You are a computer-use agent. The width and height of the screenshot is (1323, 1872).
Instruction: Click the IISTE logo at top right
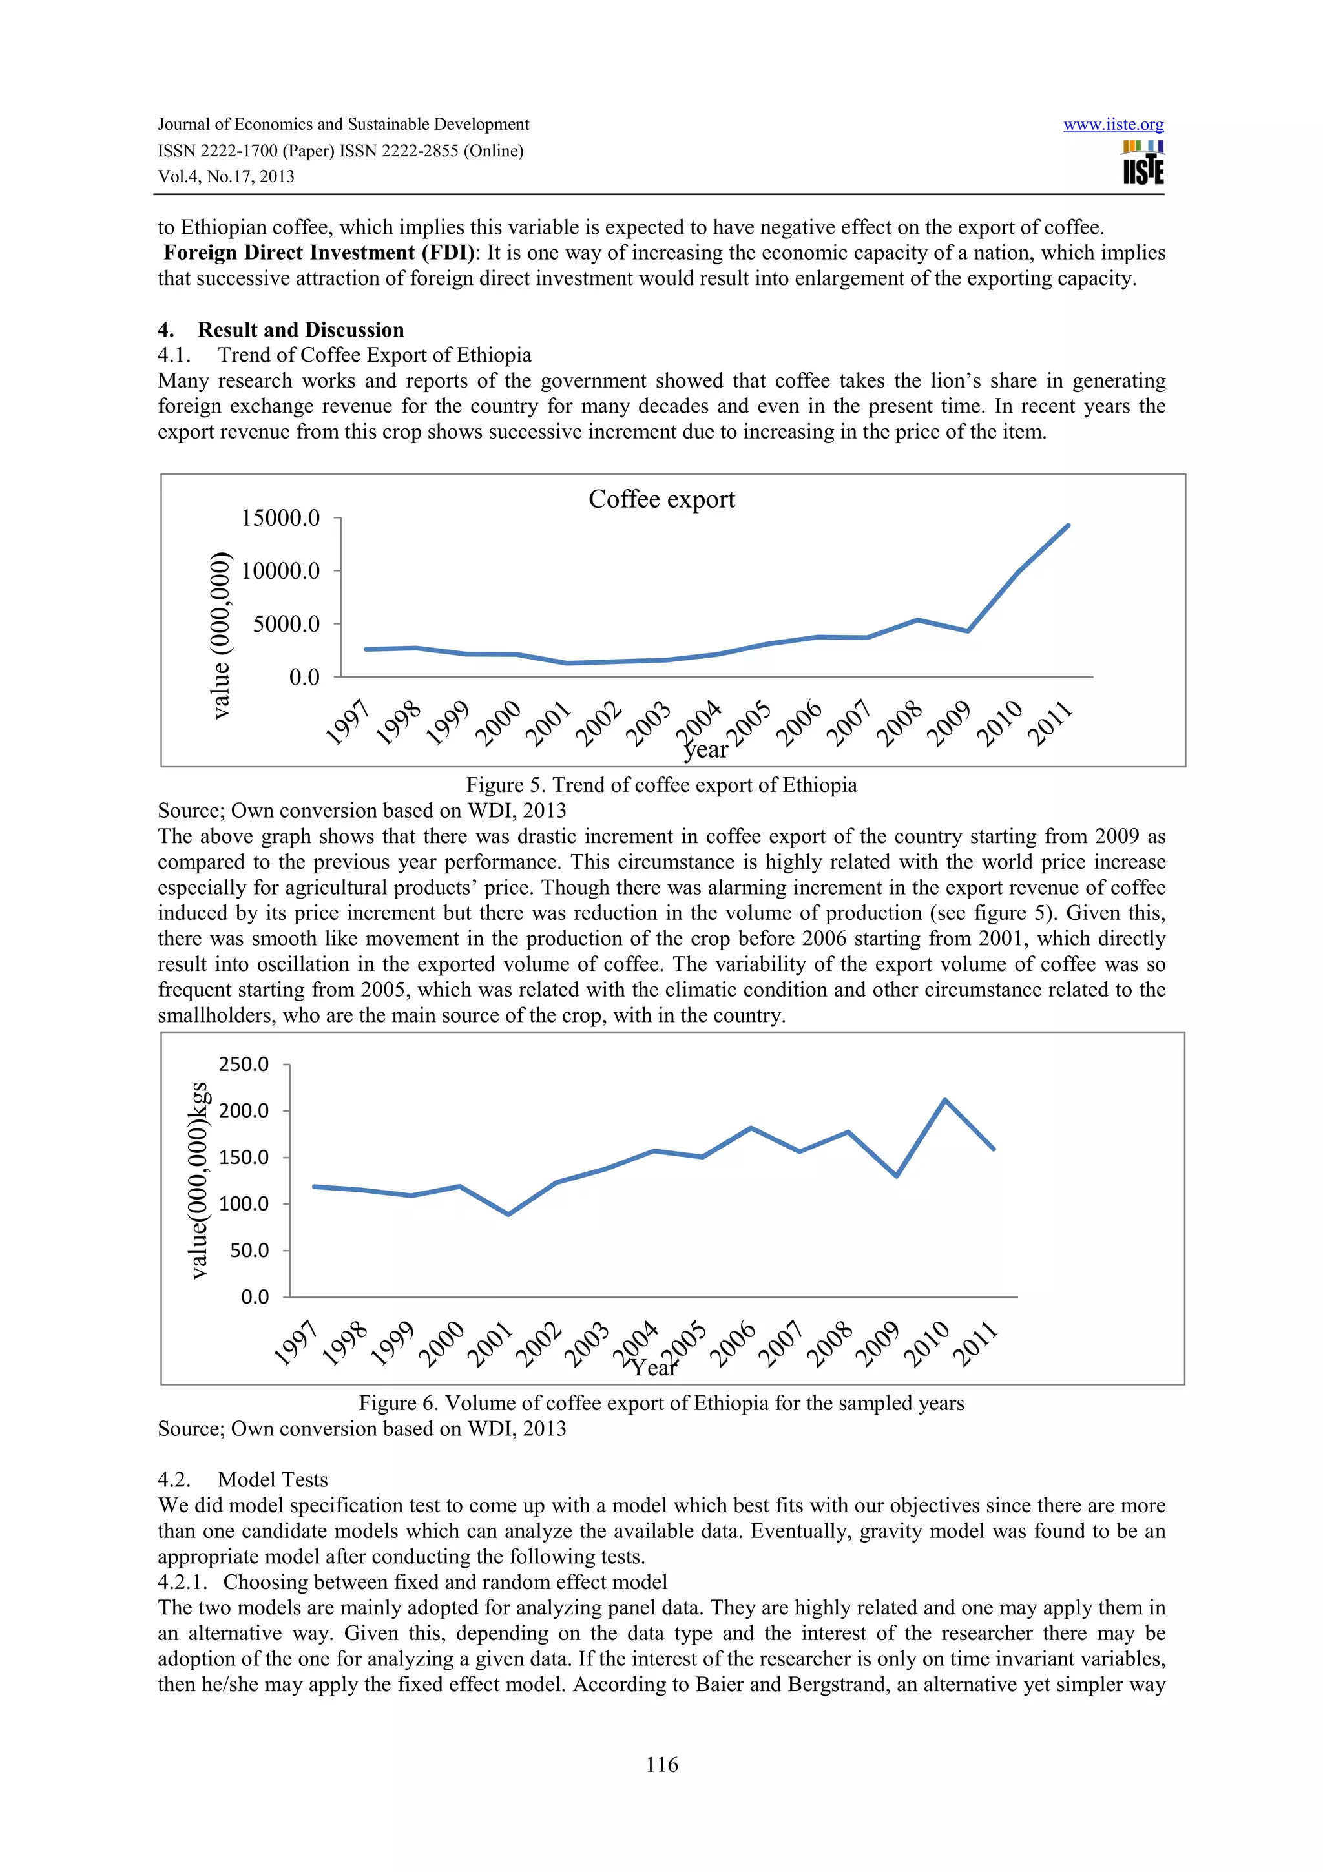1143,163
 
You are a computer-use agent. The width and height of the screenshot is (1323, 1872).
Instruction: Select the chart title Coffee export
661,499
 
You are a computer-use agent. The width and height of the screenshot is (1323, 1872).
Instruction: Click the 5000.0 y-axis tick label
286,625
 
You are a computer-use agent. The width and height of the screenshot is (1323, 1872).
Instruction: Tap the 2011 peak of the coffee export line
1068,526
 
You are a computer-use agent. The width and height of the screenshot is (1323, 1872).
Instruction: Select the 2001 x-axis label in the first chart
547,724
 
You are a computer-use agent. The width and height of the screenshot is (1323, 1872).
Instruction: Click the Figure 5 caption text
661,785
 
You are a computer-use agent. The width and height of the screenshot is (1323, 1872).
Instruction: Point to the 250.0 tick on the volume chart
243,1064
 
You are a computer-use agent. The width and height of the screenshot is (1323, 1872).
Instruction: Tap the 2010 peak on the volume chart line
944,1100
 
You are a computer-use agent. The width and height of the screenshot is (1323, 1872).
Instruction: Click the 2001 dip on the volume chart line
508,1214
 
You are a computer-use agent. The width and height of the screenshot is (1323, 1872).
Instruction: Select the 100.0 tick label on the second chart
243,1203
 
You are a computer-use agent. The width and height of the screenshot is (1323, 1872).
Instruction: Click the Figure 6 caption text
661,1403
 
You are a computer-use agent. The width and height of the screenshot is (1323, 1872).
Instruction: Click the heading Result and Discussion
301,329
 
